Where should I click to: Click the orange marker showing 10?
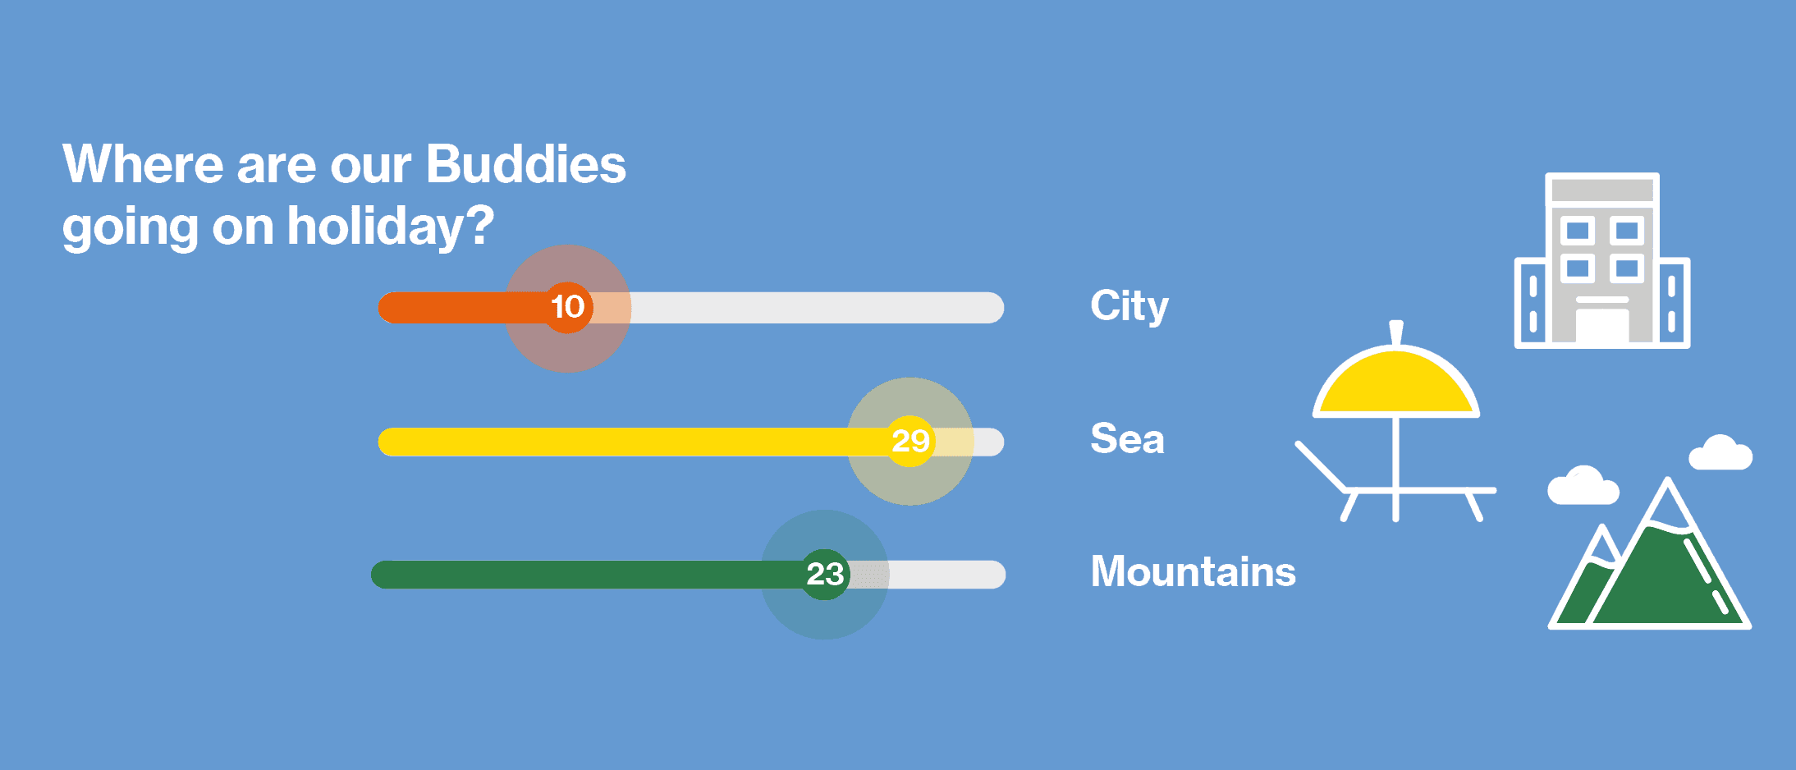(x=567, y=308)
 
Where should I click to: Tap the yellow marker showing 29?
(x=909, y=442)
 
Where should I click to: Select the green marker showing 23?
(x=824, y=575)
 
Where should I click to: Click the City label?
(x=1129, y=306)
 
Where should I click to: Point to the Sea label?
(x=1127, y=438)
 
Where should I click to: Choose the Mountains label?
(x=1194, y=571)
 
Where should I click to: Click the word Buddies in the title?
(x=526, y=164)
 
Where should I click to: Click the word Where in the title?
(x=143, y=164)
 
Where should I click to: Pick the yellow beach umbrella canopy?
(x=1395, y=383)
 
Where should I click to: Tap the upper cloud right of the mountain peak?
(x=1720, y=453)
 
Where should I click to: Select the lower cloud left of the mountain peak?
(x=1583, y=486)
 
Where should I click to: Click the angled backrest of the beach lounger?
(x=1321, y=467)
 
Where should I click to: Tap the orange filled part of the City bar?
(x=464, y=308)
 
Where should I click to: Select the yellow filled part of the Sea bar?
(x=632, y=442)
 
